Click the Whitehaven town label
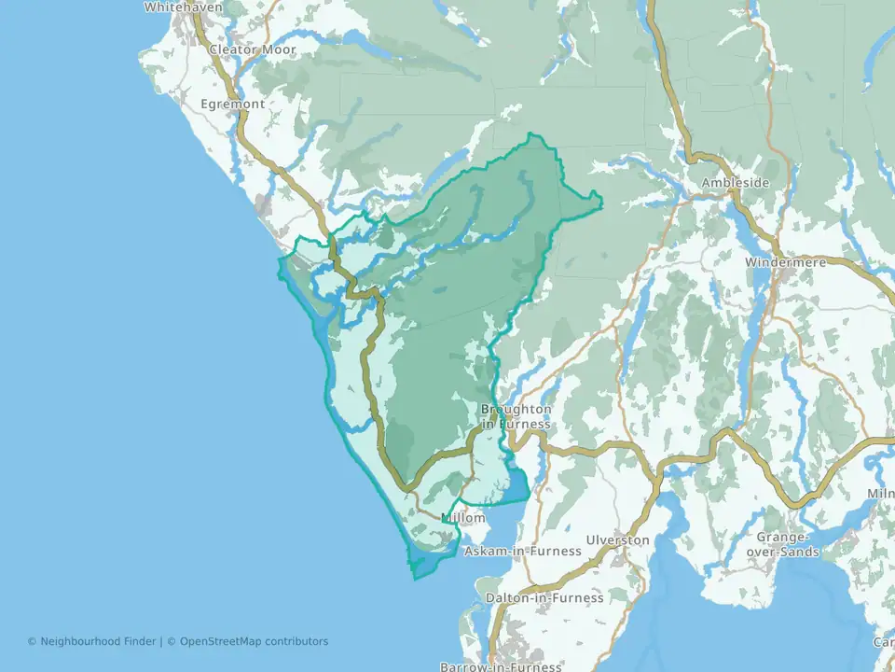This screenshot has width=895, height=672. click(183, 7)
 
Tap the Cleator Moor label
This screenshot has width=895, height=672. click(252, 49)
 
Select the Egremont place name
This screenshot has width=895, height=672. click(232, 104)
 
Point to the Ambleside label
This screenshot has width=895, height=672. click(736, 183)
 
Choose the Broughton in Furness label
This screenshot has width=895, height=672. click(516, 416)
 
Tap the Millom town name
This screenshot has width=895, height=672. click(462, 518)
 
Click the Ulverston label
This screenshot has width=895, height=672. click(617, 540)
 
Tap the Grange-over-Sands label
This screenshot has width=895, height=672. click(788, 544)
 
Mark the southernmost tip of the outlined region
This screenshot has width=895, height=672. click(415, 579)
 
